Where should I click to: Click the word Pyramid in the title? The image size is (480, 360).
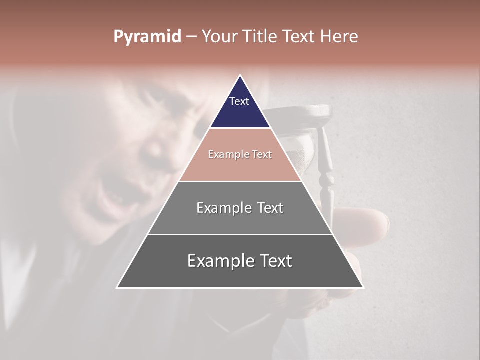[147, 37]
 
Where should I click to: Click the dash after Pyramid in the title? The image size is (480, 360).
[191, 37]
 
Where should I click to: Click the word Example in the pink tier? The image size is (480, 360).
[226, 154]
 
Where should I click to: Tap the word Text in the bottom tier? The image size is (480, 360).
[273, 261]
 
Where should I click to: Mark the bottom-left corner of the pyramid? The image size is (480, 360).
[118, 287]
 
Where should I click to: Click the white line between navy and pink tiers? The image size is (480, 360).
[240, 128]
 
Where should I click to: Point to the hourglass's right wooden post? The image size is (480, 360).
[326, 165]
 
